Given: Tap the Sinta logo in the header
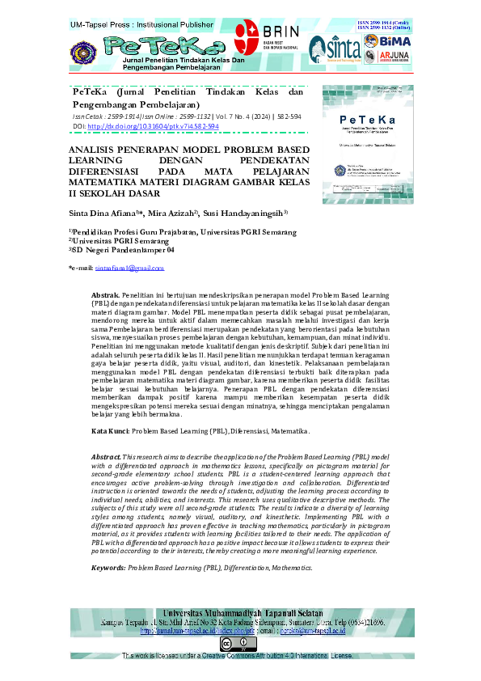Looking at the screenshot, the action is [330, 50].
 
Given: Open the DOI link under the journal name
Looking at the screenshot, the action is [153, 127].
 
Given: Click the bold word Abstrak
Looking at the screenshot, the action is [105, 298].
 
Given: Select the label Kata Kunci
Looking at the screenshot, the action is [111, 432].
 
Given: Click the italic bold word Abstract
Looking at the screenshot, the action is [106, 458].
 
